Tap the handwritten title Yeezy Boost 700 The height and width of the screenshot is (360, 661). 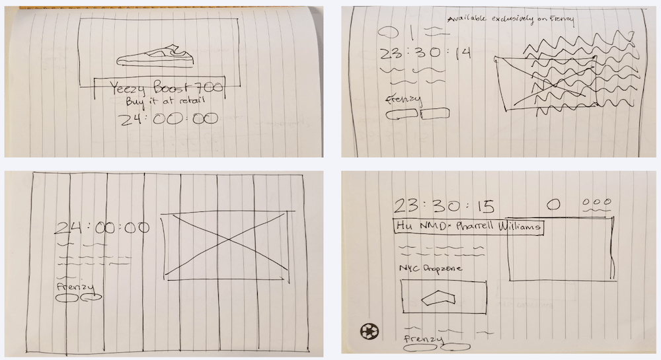[159, 88]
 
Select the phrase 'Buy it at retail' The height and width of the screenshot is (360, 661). [158, 102]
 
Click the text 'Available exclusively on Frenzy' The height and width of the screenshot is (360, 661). [510, 20]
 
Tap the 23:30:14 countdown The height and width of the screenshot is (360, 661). [424, 54]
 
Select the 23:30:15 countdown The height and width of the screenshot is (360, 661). [444, 205]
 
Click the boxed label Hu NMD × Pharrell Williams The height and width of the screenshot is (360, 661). [468, 227]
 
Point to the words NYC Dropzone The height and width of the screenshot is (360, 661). [430, 269]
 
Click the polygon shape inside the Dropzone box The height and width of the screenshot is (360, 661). [442, 297]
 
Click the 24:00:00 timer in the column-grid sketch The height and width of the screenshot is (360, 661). [102, 228]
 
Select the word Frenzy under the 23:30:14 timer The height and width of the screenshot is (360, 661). [403, 100]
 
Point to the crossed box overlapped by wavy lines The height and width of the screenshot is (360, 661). [547, 83]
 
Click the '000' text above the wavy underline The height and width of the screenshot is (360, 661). [596, 202]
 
